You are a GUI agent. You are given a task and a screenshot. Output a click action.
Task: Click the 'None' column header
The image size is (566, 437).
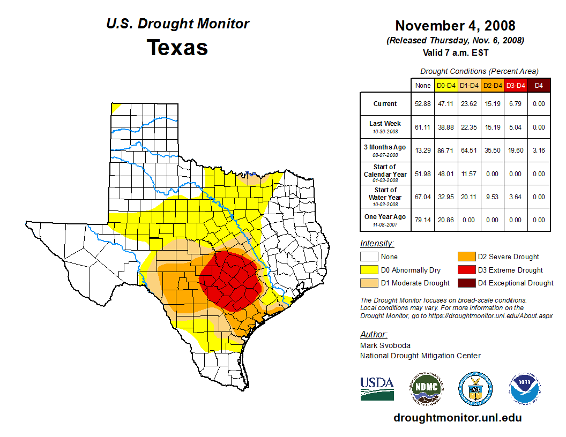pyautogui.click(x=423, y=85)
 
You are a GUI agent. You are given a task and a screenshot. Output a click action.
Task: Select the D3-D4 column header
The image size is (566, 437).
pyautogui.click(x=516, y=85)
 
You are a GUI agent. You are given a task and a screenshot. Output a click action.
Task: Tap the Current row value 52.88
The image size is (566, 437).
pyautogui.click(x=423, y=104)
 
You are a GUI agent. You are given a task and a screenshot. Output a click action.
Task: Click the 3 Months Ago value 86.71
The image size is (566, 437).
pyautogui.click(x=446, y=150)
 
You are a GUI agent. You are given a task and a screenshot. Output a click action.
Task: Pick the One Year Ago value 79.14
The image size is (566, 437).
pyautogui.click(x=423, y=220)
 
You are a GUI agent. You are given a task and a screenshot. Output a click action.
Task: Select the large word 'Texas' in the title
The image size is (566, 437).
pyautogui.click(x=177, y=47)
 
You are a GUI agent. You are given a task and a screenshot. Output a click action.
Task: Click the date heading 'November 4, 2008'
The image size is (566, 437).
pyautogui.click(x=455, y=26)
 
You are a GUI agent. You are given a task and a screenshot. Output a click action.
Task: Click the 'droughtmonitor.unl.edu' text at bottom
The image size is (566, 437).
pyautogui.click(x=457, y=418)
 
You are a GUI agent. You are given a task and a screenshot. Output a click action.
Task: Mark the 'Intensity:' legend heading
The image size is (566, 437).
pyautogui.click(x=377, y=244)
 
